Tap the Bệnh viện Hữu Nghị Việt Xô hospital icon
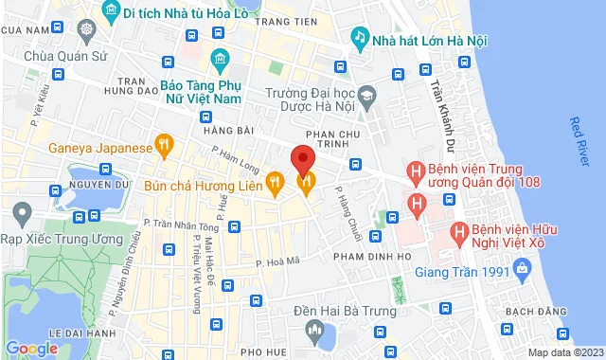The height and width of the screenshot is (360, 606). [458, 230]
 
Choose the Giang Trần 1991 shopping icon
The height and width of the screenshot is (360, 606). [522, 272]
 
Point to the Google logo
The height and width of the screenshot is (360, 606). [31, 348]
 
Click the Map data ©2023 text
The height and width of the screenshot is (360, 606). [564, 352]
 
